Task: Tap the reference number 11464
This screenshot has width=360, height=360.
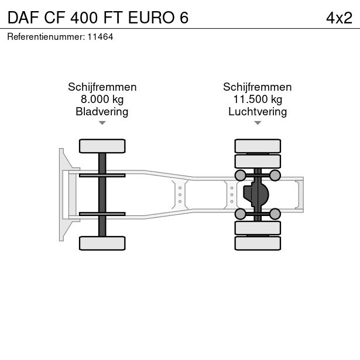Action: (101, 37)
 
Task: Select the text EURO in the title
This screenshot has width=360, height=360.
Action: (155, 18)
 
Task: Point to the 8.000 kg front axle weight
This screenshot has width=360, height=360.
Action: (102, 99)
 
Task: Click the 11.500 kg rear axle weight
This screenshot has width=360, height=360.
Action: (257, 99)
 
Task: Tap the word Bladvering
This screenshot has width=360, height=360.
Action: (102, 111)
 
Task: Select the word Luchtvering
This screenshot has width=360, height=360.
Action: (257, 111)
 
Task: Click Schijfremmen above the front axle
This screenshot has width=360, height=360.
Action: (102, 87)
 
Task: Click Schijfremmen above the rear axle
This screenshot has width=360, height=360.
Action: (257, 87)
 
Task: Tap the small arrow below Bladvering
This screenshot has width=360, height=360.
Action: (102, 123)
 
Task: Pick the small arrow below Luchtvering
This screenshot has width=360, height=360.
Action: (257, 123)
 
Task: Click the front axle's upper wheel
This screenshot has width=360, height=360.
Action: (102, 146)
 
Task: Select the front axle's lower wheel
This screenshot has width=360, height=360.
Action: (102, 243)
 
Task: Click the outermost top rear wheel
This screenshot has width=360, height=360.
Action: (257, 146)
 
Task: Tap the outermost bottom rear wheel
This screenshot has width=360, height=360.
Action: (257, 243)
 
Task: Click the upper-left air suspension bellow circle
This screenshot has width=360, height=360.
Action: (240, 175)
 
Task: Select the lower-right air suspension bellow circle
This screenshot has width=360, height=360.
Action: (275, 214)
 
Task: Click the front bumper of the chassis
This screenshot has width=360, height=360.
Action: (61, 194)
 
